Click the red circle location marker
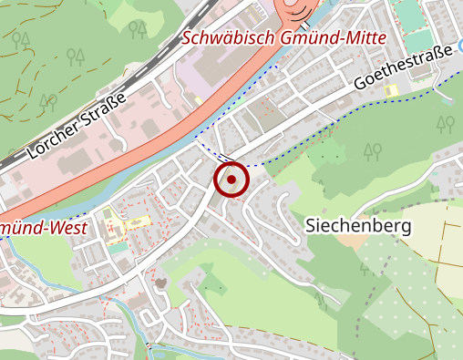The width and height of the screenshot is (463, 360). coord(231,180)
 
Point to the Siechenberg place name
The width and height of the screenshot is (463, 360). coord(358,224)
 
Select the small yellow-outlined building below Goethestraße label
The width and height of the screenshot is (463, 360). coord(392,91)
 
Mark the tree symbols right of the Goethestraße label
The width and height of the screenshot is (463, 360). coord(446,122)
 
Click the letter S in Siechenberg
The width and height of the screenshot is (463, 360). coord(311,224)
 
